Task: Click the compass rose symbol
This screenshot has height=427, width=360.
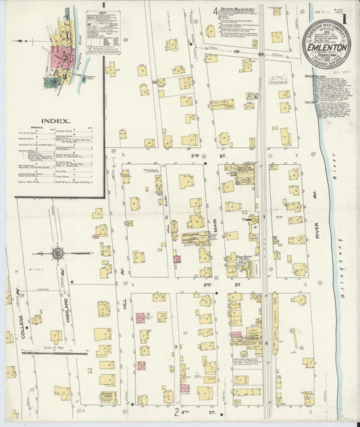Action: point(58,253)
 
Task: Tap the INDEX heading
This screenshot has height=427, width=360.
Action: point(55,122)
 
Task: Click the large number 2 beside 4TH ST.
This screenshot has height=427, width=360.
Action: point(176,411)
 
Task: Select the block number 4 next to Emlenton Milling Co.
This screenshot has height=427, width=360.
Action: point(215,9)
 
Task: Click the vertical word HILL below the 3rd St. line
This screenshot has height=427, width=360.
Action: point(125,304)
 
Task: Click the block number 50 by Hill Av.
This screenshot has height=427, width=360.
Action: point(154,82)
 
